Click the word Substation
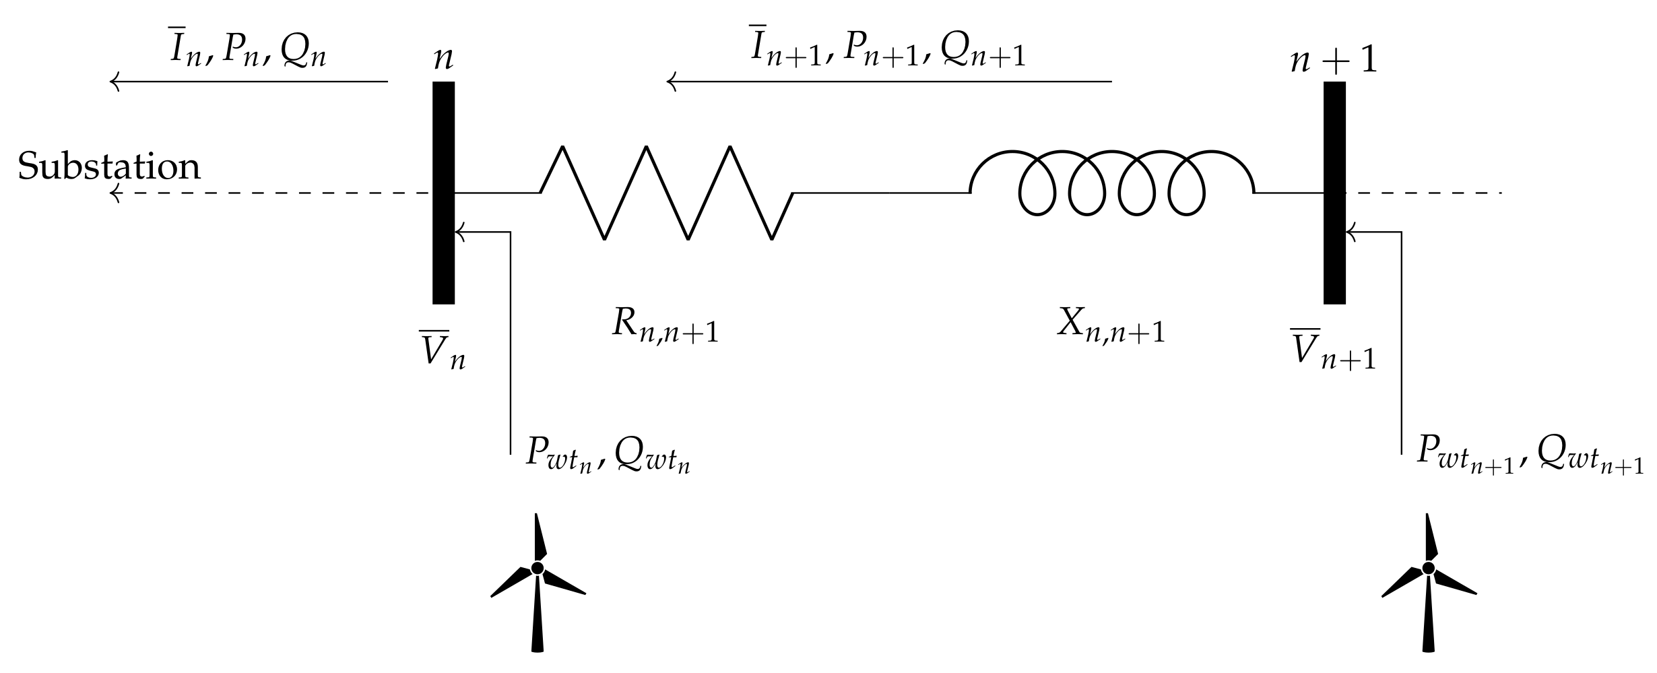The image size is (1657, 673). click(x=109, y=166)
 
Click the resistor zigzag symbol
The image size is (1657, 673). click(x=667, y=193)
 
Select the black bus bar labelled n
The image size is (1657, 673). click(x=443, y=193)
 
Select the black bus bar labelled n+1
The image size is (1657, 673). click(x=1334, y=193)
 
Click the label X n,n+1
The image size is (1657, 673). click(x=1111, y=326)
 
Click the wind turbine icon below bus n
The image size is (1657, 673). click(x=537, y=583)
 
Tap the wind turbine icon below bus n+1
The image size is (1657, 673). click(x=1428, y=583)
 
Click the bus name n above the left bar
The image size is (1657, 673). click(x=443, y=58)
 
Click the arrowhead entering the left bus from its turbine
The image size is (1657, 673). click(x=459, y=232)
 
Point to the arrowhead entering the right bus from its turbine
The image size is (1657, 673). click(x=1350, y=232)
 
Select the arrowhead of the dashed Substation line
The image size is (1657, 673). click(x=115, y=193)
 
